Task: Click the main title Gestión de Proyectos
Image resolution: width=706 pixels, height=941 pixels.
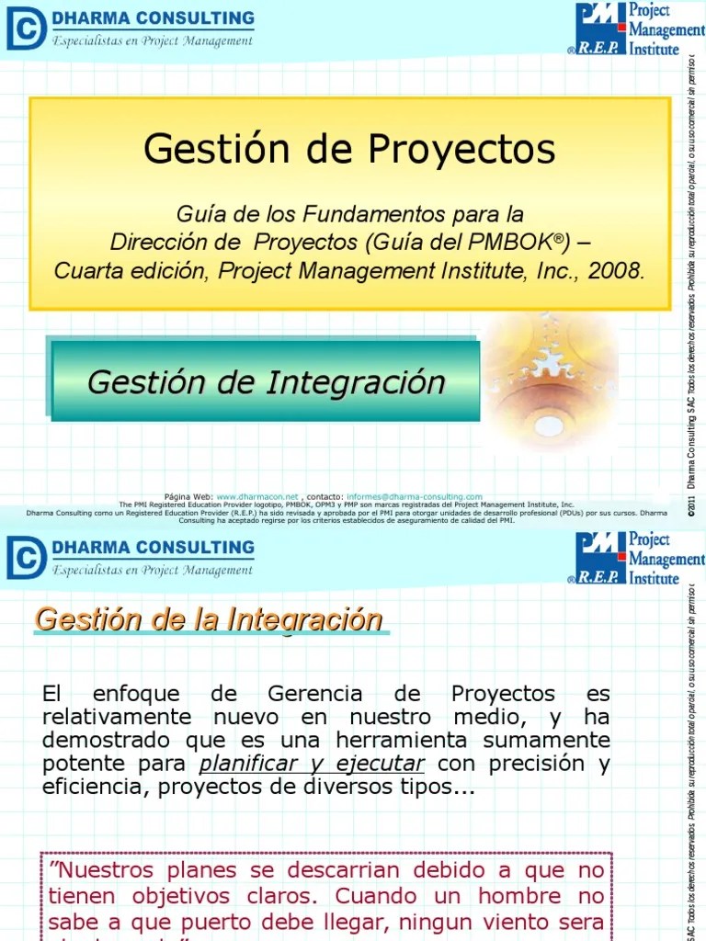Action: click(x=349, y=150)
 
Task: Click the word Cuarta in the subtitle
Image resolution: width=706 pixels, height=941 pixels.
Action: click(x=90, y=271)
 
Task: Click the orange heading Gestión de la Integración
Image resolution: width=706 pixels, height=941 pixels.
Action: click(x=209, y=619)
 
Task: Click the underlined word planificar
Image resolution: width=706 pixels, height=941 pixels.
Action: click(x=249, y=765)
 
